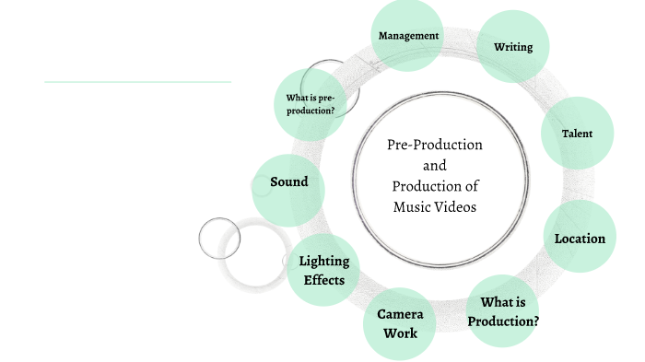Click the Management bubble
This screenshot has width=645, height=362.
point(409,36)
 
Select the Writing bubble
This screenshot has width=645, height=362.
point(513,47)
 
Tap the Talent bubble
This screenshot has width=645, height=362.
point(577,134)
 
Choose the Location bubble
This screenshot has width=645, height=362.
point(580,238)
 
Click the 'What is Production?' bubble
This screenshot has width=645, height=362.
point(503,310)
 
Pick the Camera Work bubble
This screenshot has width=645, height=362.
point(400,322)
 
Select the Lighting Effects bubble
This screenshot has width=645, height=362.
point(323,268)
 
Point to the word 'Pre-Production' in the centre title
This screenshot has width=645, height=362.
point(434,146)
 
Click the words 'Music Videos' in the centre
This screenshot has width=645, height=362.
point(434,207)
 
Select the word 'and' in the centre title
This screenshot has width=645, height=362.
point(434,166)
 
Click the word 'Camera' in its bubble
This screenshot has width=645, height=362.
point(400,313)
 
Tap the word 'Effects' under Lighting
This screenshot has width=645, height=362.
point(324,279)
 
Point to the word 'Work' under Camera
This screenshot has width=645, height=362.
point(400,333)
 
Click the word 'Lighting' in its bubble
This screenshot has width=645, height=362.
point(324,260)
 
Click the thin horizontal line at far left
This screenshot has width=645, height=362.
point(137,82)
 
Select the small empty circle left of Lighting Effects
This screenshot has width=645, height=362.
point(218,238)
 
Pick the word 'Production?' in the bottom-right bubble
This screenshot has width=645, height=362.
point(503,321)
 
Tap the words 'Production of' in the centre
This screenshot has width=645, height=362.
point(434,187)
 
